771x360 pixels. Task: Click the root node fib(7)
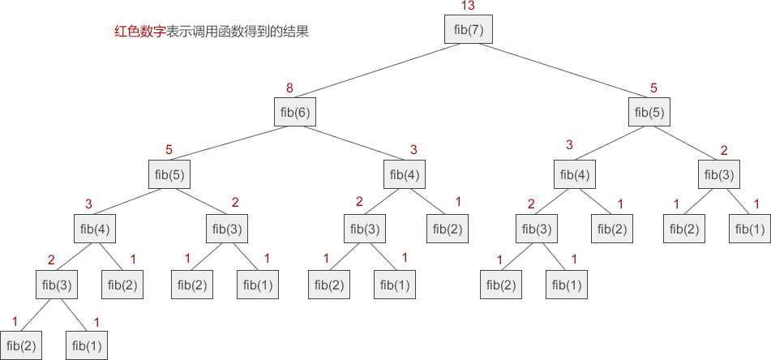(x=468, y=30)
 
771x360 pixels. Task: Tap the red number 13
(x=467, y=6)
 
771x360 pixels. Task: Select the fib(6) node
(x=295, y=112)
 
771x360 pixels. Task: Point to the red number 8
(x=289, y=88)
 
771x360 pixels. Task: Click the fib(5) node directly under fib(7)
(x=649, y=112)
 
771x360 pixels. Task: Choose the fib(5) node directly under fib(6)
(x=168, y=174)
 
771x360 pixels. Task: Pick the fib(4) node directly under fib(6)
(x=405, y=174)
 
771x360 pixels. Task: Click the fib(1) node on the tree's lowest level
(x=86, y=346)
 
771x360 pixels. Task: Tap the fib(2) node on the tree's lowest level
(x=19, y=346)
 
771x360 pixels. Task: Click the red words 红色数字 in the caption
(x=139, y=33)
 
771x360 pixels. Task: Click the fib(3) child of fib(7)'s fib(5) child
(x=719, y=174)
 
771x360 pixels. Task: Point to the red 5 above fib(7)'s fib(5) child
(x=654, y=88)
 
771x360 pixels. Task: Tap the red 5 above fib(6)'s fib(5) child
(x=169, y=149)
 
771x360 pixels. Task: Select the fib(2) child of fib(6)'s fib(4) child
(x=445, y=229)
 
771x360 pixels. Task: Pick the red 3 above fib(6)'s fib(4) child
(x=413, y=149)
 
